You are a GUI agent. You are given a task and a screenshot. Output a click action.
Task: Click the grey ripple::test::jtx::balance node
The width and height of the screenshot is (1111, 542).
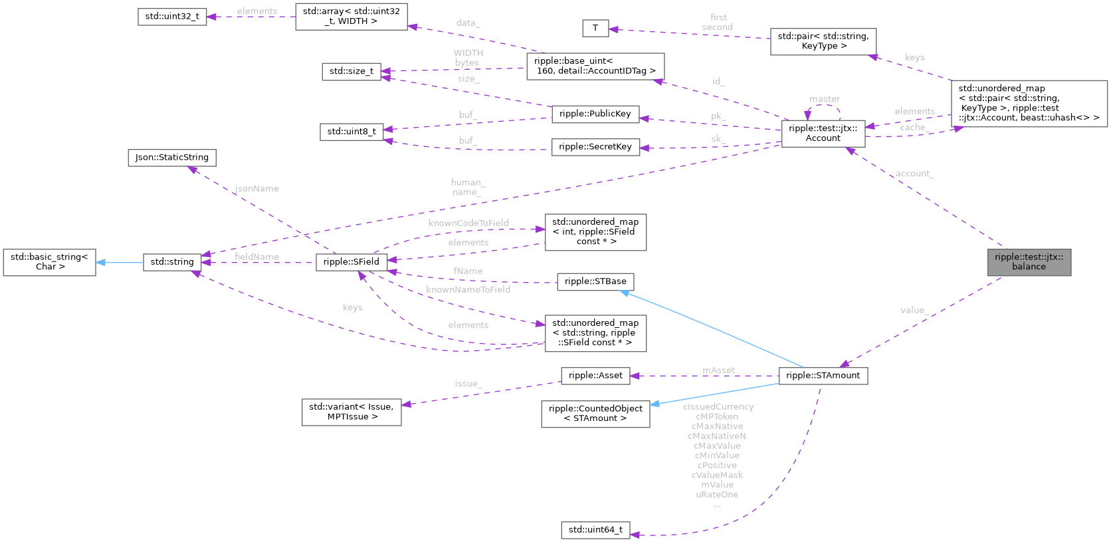pyautogui.click(x=1029, y=262)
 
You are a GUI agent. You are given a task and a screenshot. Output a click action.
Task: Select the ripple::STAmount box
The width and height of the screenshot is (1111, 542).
pyautogui.click(x=823, y=376)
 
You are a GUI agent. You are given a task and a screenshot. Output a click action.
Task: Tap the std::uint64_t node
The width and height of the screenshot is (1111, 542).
pyautogui.click(x=595, y=530)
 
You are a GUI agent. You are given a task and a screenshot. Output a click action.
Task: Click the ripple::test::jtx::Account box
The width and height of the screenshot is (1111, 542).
pyautogui.click(x=823, y=133)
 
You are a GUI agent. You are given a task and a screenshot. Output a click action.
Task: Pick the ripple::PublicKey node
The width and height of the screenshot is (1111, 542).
pyautogui.click(x=595, y=114)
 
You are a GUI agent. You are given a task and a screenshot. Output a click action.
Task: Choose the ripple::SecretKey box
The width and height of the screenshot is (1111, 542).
pyautogui.click(x=595, y=147)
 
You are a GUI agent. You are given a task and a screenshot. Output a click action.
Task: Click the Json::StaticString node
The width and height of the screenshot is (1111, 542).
pyautogui.click(x=171, y=158)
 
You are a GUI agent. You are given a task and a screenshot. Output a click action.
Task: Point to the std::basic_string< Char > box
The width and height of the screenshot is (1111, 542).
pyautogui.click(x=49, y=262)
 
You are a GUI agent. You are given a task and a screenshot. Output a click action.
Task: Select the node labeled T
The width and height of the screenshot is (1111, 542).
pyautogui.click(x=595, y=28)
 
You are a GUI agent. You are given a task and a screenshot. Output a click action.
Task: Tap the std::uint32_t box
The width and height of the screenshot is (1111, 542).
pyautogui.click(x=172, y=17)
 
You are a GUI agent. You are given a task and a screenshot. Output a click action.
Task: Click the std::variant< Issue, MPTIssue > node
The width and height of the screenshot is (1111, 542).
pyautogui.click(x=352, y=412)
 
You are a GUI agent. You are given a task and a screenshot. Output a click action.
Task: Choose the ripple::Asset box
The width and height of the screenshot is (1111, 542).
pyautogui.click(x=595, y=376)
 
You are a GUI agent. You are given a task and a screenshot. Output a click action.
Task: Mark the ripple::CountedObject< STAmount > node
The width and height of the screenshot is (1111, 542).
pyautogui.click(x=595, y=414)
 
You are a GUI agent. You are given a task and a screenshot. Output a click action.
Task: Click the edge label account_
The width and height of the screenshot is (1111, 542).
pyautogui.click(x=914, y=174)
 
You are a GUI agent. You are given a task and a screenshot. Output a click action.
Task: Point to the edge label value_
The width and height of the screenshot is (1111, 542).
pyautogui.click(x=914, y=310)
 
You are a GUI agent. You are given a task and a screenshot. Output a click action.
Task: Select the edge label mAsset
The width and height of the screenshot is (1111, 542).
pyautogui.click(x=718, y=370)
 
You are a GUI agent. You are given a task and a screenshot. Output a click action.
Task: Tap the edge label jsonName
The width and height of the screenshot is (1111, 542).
pyautogui.click(x=256, y=189)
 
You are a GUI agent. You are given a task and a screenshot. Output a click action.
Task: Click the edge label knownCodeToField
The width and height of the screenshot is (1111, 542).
pyautogui.click(x=468, y=223)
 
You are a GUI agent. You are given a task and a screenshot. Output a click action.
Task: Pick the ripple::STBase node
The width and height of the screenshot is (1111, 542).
pyautogui.click(x=595, y=281)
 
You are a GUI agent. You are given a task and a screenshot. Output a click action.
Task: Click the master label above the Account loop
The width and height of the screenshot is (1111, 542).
pyautogui.click(x=825, y=99)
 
